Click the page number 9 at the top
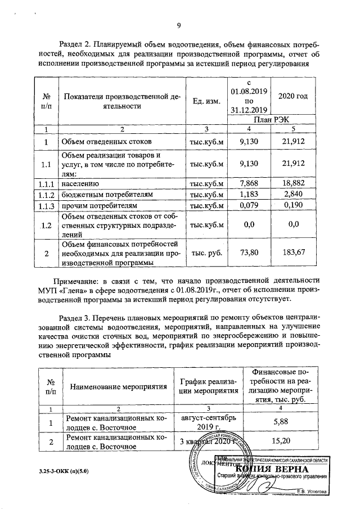[x=179, y=25]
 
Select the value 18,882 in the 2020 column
[x=294, y=183]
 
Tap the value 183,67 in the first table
[x=294, y=253]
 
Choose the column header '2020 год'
[x=294, y=96]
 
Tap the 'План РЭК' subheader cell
[x=271, y=120]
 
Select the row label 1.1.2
[x=46, y=195]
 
